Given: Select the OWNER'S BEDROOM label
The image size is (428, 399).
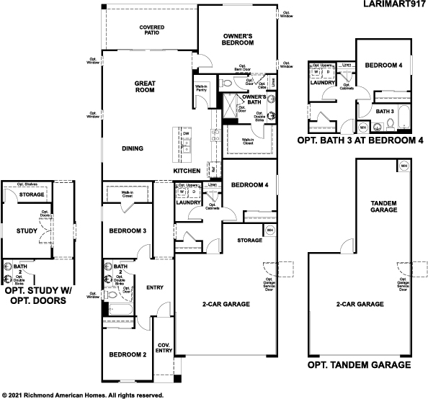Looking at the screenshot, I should [x=235, y=40].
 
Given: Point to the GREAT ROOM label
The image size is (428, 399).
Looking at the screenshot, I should [x=145, y=87].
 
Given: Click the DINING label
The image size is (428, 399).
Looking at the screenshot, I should [x=132, y=149].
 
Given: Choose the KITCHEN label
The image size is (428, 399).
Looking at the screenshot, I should [x=186, y=171].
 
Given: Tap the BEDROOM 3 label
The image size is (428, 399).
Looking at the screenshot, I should [x=128, y=231].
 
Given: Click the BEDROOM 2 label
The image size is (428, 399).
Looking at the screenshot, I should [x=128, y=355].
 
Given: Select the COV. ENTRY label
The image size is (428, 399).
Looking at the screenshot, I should [x=164, y=348].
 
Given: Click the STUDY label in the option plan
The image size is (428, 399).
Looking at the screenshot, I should [x=26, y=231].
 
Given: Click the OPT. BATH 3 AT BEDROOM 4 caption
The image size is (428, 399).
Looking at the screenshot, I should [x=363, y=140].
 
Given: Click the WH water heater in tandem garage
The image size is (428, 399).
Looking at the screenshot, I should [x=404, y=165].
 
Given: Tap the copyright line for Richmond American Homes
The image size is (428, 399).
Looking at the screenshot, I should [x=83, y=395].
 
